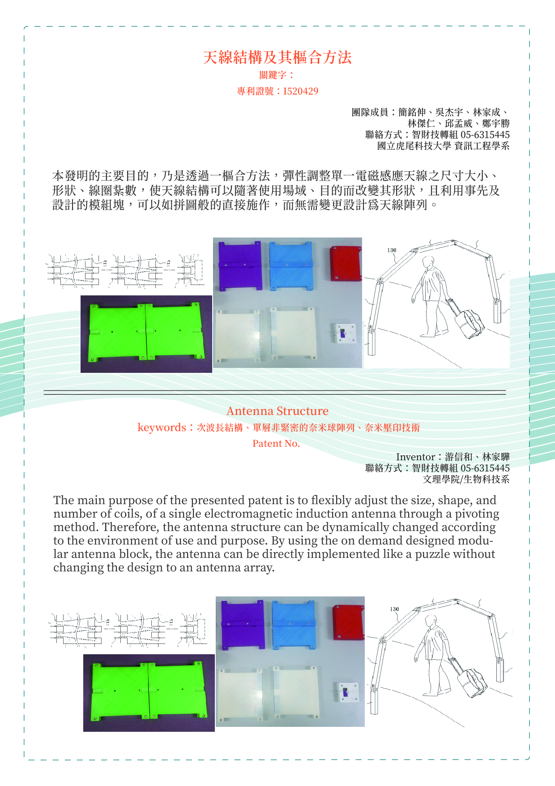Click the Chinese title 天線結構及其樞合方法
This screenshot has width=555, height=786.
[x=277, y=57]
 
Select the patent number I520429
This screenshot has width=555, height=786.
[x=301, y=91]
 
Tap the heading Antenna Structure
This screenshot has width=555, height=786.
[x=277, y=411]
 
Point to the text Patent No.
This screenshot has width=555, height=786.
[x=276, y=444]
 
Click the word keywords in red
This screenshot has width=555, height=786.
[x=162, y=428]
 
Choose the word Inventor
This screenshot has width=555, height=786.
[x=415, y=457]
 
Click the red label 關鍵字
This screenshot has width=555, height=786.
[x=273, y=75]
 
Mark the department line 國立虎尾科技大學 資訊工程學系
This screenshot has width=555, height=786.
[x=443, y=146]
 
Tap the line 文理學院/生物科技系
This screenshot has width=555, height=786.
[x=466, y=479]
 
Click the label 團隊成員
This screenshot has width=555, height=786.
[x=370, y=112]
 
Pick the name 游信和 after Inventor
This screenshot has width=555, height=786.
[x=458, y=457]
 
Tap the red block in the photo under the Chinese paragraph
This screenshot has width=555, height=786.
[x=345, y=263]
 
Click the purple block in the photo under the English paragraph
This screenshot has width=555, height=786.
[x=243, y=625]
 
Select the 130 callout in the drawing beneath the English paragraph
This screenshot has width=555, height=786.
[x=394, y=609]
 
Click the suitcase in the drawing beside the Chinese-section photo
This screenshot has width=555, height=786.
[x=470, y=323]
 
